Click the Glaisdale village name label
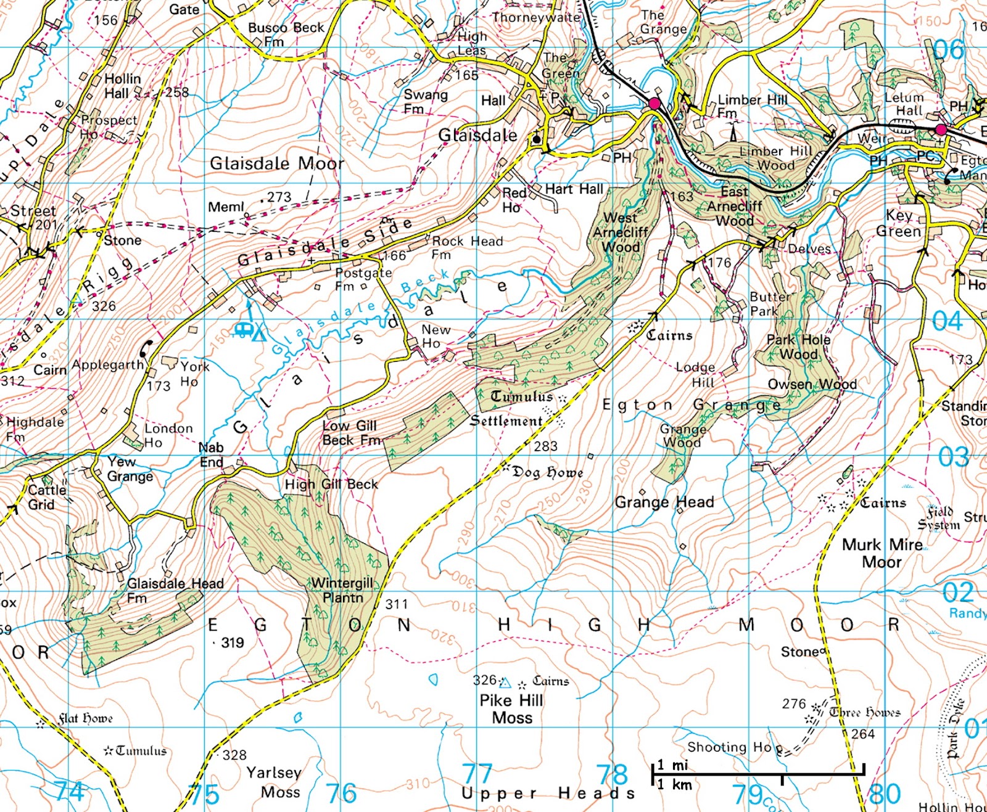[x=477, y=135]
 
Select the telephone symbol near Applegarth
[x=146, y=350]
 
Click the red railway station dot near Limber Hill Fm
[x=654, y=103]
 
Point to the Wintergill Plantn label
[x=342, y=590]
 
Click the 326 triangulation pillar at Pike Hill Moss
[x=505, y=683]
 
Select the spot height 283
[x=545, y=445]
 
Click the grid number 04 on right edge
[x=947, y=321]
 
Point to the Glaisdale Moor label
[x=277, y=163]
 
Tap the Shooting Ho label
[x=729, y=747]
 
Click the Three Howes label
[x=865, y=712]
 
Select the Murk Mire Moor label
[x=882, y=553]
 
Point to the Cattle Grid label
[x=47, y=497]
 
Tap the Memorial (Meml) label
[x=226, y=207]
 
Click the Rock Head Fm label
[x=467, y=247]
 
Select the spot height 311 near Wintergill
[x=396, y=604]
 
